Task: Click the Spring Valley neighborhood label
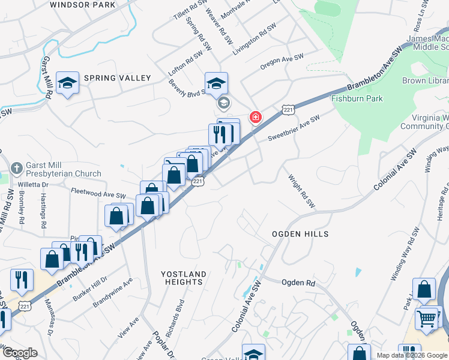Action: (117, 78)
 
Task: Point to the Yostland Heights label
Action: (184, 278)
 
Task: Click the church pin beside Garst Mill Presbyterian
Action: (16, 166)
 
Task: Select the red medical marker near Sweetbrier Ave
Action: (256, 116)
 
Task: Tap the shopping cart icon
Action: (427, 318)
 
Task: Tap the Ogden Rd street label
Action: (298, 282)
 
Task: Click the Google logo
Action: (20, 353)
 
